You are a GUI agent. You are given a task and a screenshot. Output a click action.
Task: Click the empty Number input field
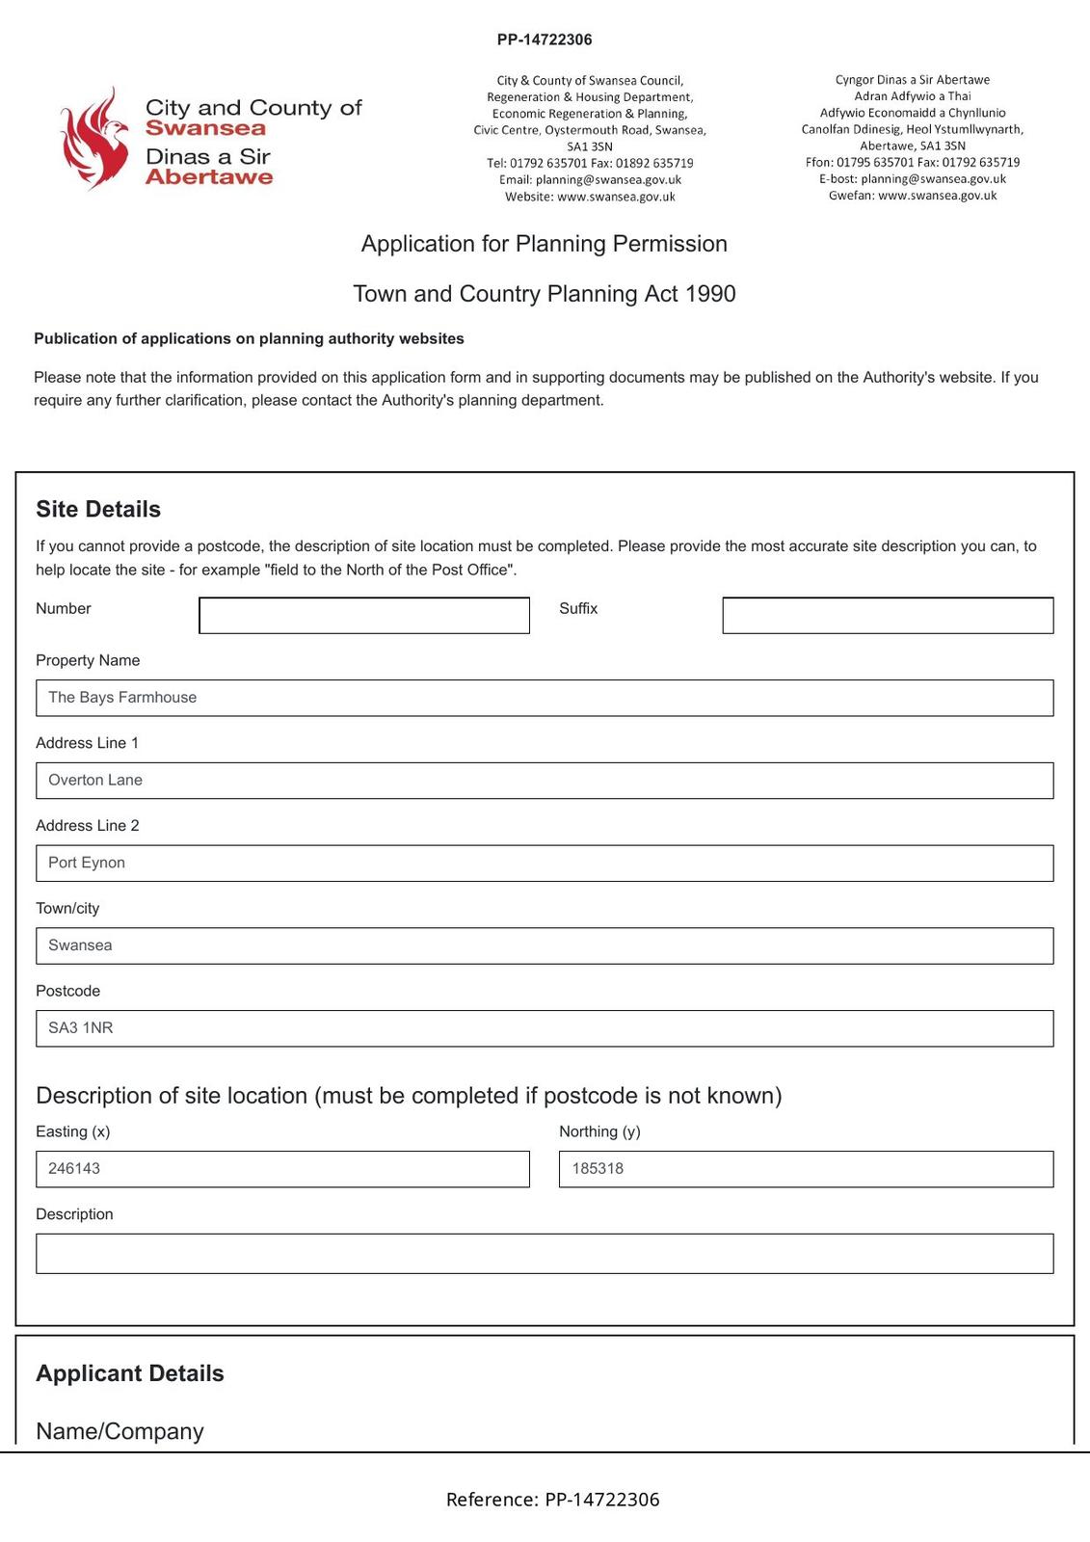tap(363, 616)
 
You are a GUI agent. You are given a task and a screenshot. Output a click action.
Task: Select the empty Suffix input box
tap(887, 616)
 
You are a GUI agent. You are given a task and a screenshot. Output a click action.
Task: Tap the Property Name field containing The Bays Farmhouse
tap(544, 698)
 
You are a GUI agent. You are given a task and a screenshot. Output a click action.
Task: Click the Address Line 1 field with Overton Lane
tap(544, 781)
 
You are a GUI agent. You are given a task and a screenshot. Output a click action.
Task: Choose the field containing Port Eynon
tap(544, 863)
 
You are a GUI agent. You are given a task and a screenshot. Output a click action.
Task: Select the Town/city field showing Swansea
tap(544, 945)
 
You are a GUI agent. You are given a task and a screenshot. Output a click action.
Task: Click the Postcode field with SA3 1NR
tap(544, 1028)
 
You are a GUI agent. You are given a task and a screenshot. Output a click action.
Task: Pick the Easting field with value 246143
tap(281, 1169)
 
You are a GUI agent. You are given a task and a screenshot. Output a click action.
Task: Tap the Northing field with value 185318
tap(805, 1169)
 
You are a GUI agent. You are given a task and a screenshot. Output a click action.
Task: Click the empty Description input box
tap(544, 1254)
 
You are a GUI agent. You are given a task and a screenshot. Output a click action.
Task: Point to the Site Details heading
tap(98, 509)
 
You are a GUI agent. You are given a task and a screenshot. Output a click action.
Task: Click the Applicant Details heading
tap(130, 1373)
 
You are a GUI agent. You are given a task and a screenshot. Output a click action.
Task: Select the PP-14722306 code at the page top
tap(545, 40)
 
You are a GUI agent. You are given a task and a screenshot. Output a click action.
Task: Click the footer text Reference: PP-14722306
tap(552, 1500)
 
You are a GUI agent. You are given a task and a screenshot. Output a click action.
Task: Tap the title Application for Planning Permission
tap(544, 244)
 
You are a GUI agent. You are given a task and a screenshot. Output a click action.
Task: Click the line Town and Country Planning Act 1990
tap(544, 294)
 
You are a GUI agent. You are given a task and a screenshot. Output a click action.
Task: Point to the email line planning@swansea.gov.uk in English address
tap(590, 180)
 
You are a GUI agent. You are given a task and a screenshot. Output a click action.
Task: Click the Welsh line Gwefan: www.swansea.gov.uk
tap(912, 196)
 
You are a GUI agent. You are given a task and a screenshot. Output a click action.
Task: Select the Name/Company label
tap(120, 1431)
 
